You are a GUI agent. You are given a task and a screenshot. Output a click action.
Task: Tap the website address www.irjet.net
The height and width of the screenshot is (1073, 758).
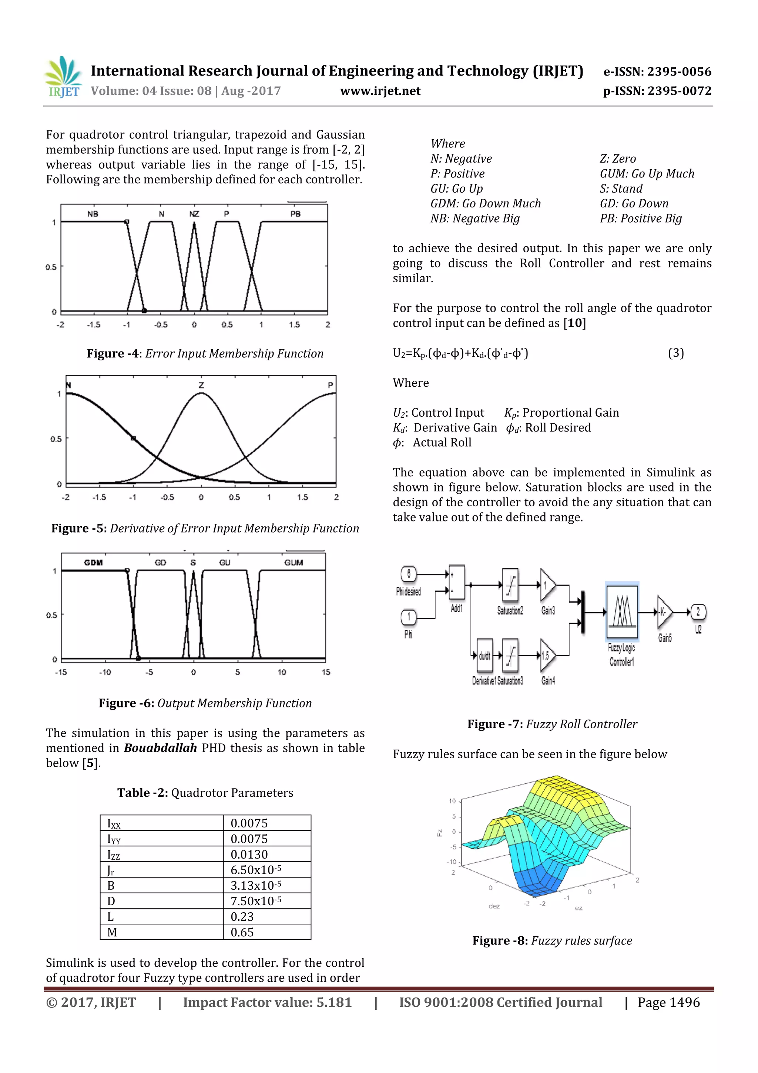click(x=380, y=91)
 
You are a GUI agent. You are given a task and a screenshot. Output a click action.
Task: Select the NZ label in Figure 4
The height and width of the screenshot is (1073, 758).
click(x=194, y=214)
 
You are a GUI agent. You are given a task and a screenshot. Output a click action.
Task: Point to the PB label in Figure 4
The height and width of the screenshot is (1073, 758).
click(x=295, y=214)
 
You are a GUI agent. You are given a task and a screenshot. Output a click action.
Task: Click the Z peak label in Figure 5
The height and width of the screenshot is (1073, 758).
click(x=201, y=386)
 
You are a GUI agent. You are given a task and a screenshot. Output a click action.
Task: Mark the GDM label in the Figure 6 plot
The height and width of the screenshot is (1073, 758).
click(x=93, y=563)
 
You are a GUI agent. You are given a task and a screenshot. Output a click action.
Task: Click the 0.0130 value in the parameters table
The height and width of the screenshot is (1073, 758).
click(x=249, y=854)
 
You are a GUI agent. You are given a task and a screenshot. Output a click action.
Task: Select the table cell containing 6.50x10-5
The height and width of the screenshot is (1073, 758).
click(x=256, y=870)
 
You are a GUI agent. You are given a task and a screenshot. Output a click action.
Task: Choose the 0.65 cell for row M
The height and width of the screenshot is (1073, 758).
click(x=242, y=932)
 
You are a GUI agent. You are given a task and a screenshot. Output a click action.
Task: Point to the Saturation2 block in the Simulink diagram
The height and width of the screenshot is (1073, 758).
click(x=510, y=585)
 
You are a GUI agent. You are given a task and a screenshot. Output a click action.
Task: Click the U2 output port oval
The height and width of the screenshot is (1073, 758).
click(x=698, y=612)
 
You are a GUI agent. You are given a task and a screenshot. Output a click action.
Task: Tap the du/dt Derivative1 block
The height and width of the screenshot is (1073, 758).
click(x=484, y=656)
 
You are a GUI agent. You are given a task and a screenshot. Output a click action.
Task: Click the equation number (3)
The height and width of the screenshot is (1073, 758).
click(x=675, y=353)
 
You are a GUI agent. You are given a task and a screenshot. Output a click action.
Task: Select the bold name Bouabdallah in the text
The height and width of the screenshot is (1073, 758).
click(x=160, y=748)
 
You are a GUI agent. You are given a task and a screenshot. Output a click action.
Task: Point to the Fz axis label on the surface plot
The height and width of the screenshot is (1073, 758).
click(x=439, y=832)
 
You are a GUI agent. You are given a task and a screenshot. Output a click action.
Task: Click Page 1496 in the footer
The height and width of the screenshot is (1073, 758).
click(x=668, y=1002)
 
